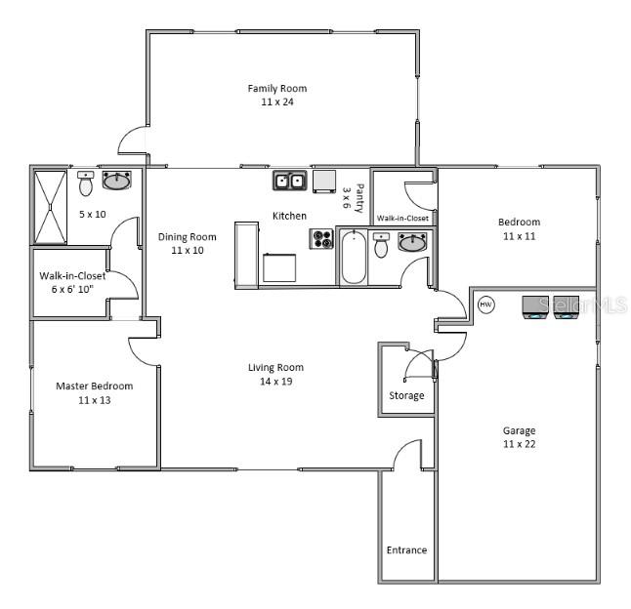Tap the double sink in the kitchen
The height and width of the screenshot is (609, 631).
tap(287, 181)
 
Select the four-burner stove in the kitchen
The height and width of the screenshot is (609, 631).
tap(321, 239)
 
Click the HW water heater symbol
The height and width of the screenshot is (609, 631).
tap(486, 304)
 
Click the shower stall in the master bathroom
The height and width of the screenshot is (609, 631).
tap(50, 206)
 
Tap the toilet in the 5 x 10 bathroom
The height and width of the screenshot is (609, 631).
tap(86, 183)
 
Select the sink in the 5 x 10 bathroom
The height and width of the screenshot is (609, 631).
tap(118, 181)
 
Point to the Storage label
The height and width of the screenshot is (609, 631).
tap(406, 395)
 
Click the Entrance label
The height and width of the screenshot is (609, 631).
tap(406, 549)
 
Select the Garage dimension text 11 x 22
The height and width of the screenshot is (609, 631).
tap(519, 444)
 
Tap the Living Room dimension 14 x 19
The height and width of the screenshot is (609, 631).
tap(275, 381)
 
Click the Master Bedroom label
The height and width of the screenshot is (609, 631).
tap(94, 386)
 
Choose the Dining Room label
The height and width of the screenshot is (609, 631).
tap(187, 237)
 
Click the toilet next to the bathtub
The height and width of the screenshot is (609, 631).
tap(382, 245)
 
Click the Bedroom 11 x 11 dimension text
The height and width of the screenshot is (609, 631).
tap(519, 236)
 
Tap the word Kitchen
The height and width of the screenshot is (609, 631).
tap(289, 216)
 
